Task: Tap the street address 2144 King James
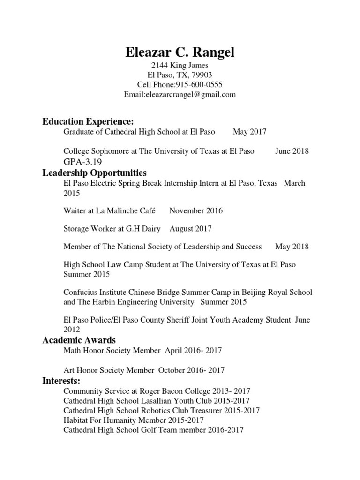pyautogui.click(x=180, y=66)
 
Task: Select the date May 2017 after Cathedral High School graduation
pyautogui.click(x=249, y=132)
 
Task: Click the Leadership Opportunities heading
pyautogui.click(x=95, y=172)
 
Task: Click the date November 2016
pyautogui.click(x=196, y=210)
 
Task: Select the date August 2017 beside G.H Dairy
pyautogui.click(x=190, y=229)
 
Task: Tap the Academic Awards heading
pyautogui.click(x=79, y=340)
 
